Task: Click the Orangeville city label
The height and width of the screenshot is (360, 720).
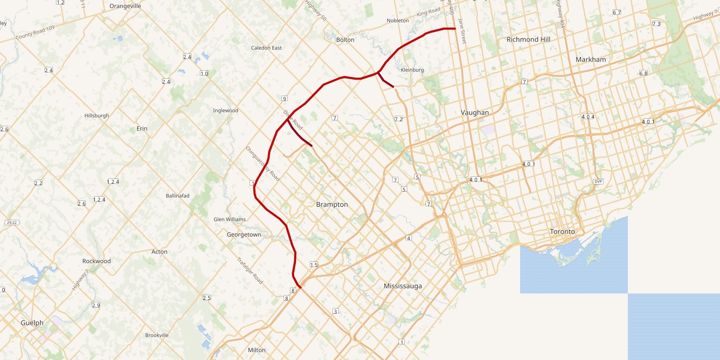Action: [125, 6]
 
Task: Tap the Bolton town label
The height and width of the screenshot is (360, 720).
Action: [345, 40]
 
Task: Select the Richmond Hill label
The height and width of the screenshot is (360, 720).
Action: [528, 39]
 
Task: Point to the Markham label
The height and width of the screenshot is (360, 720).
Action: [590, 59]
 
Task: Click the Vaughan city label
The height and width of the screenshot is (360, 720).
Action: [475, 112]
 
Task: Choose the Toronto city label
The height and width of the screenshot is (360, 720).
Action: [562, 232]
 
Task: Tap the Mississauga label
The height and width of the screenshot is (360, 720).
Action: [402, 286]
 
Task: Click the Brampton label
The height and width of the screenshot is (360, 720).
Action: [332, 204]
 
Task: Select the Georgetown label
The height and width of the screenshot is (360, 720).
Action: [244, 235]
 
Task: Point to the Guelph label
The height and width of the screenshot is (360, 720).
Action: [32, 323]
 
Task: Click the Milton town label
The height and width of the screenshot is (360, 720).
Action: [257, 350]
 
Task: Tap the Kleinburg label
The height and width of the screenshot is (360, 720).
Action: [412, 70]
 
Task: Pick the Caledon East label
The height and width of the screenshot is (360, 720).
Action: [266, 48]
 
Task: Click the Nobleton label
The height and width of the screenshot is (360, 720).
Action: [397, 21]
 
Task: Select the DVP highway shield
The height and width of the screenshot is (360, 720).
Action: [598, 181]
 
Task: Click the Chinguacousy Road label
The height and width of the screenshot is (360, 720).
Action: [262, 164]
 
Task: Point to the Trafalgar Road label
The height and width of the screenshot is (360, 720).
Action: [250, 271]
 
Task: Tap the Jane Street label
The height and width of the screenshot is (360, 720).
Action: [462, 31]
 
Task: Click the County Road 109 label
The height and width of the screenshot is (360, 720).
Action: [35, 33]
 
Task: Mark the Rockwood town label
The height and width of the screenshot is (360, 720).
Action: [96, 261]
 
